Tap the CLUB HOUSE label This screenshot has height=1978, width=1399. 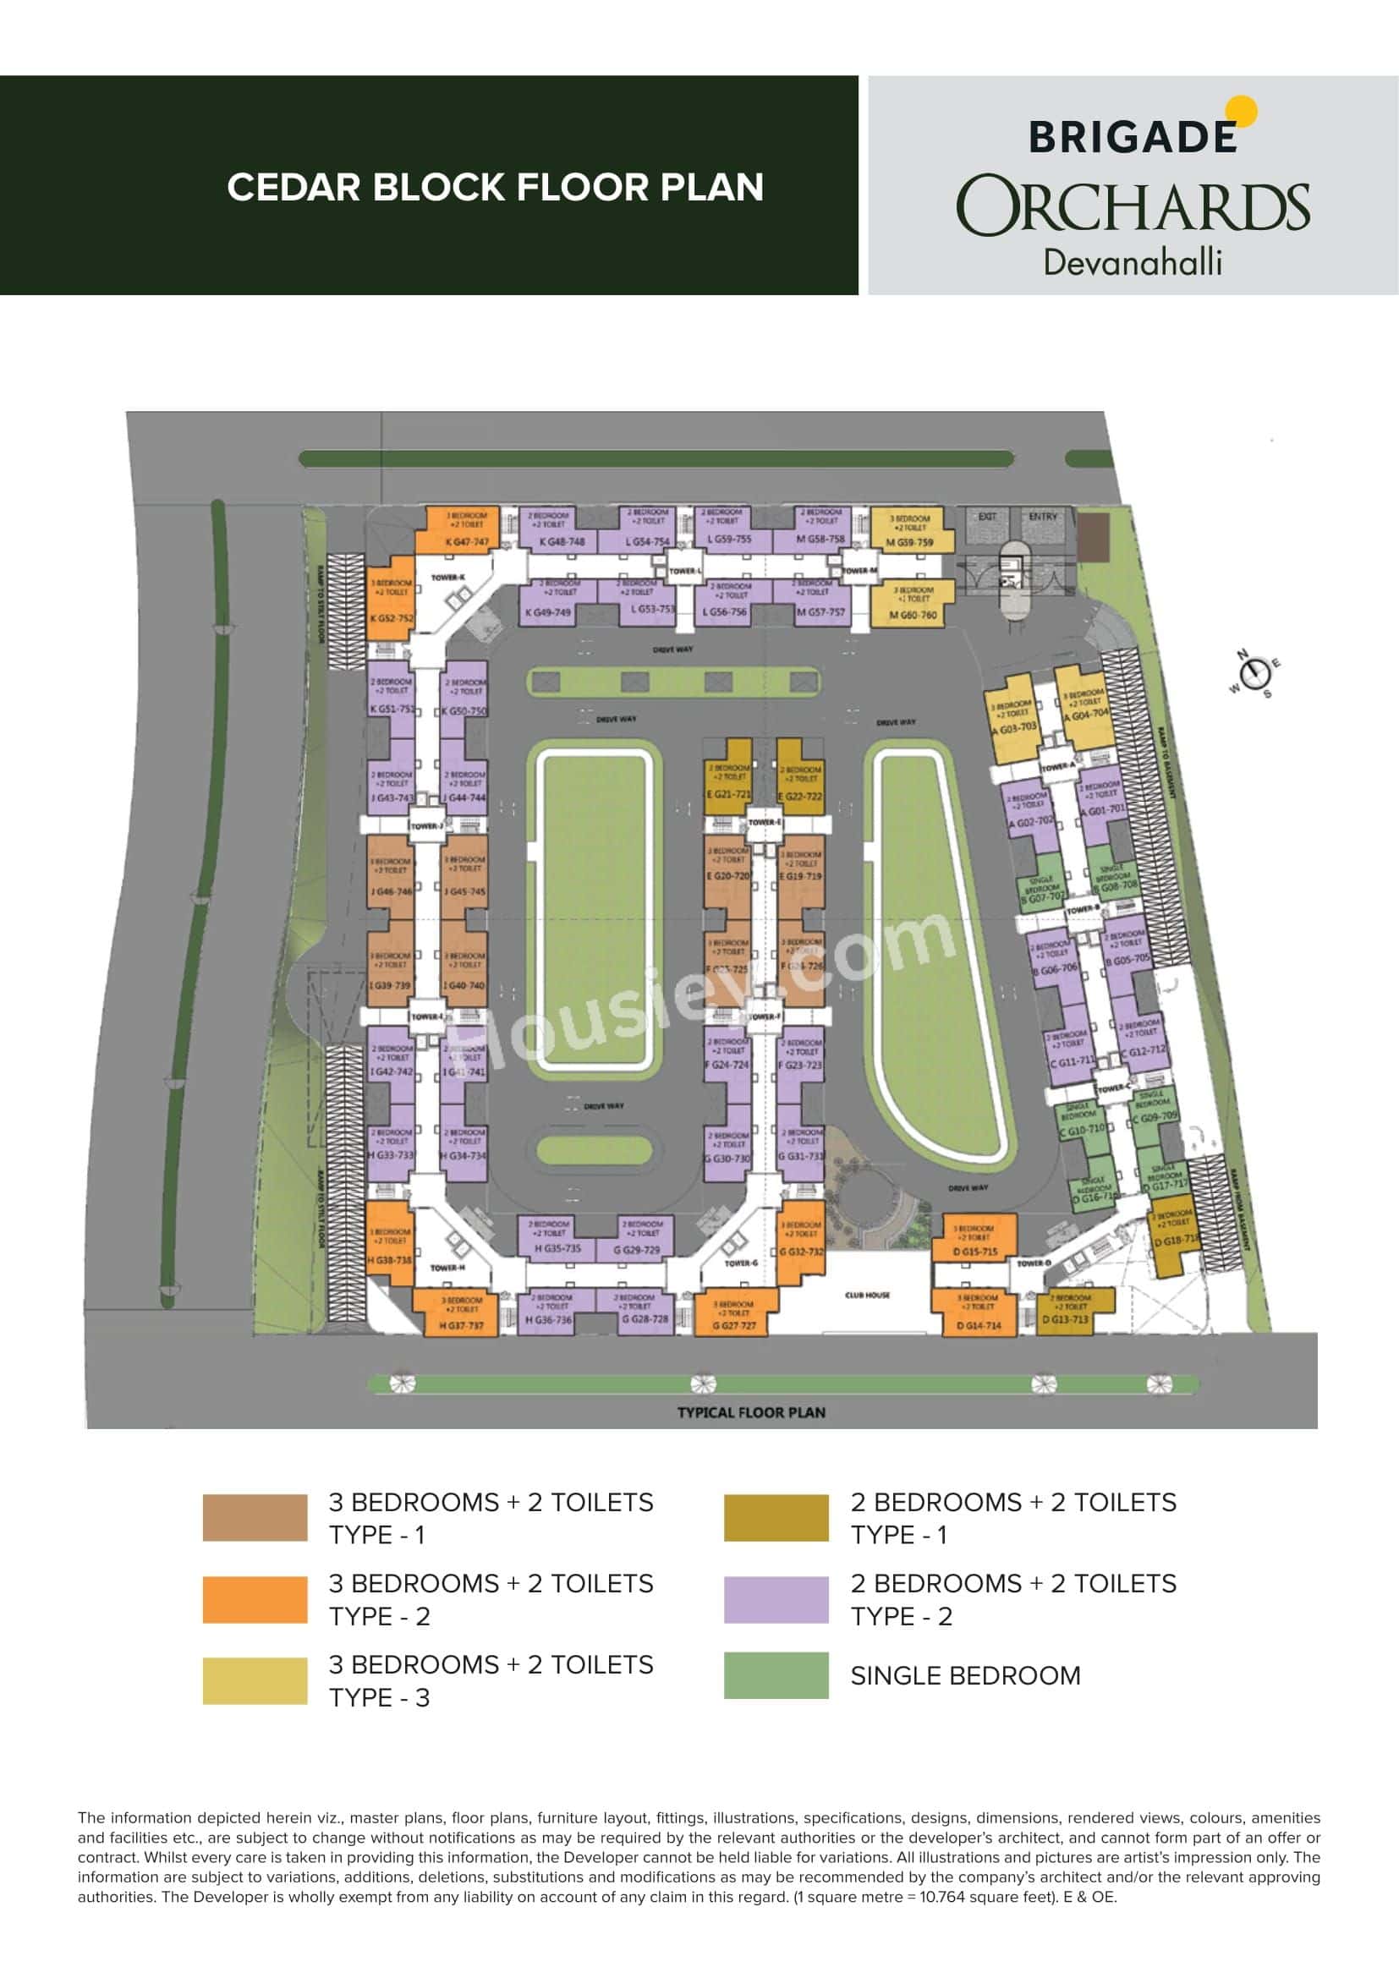coord(867,1295)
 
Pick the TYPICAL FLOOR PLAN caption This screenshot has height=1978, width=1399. coord(750,1412)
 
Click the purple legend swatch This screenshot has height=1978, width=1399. coord(776,1600)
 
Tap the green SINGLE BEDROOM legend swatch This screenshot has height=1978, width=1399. coord(776,1674)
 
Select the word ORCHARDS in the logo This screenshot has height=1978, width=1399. coord(1133,205)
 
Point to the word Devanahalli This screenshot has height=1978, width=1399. coord(1132,262)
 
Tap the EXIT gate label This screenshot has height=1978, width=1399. coord(987,516)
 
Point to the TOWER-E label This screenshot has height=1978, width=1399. coord(763,822)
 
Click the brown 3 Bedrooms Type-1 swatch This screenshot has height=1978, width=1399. coord(254,1517)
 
